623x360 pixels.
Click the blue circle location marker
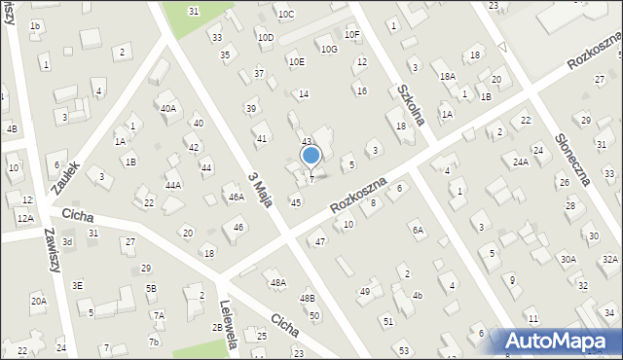[x=311, y=155]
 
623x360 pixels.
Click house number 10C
[x=285, y=14]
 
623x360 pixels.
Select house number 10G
[x=329, y=49]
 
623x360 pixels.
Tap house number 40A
[x=168, y=108]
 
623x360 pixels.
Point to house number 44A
[x=173, y=185]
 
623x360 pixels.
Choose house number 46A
[x=236, y=197]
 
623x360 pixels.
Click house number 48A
[x=278, y=282]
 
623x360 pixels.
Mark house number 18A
[x=447, y=76]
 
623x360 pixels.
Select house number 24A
[x=521, y=162]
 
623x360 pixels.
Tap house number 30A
[x=568, y=259]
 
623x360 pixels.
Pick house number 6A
[x=418, y=230]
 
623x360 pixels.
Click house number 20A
[x=38, y=301]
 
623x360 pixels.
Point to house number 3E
[x=78, y=285]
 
